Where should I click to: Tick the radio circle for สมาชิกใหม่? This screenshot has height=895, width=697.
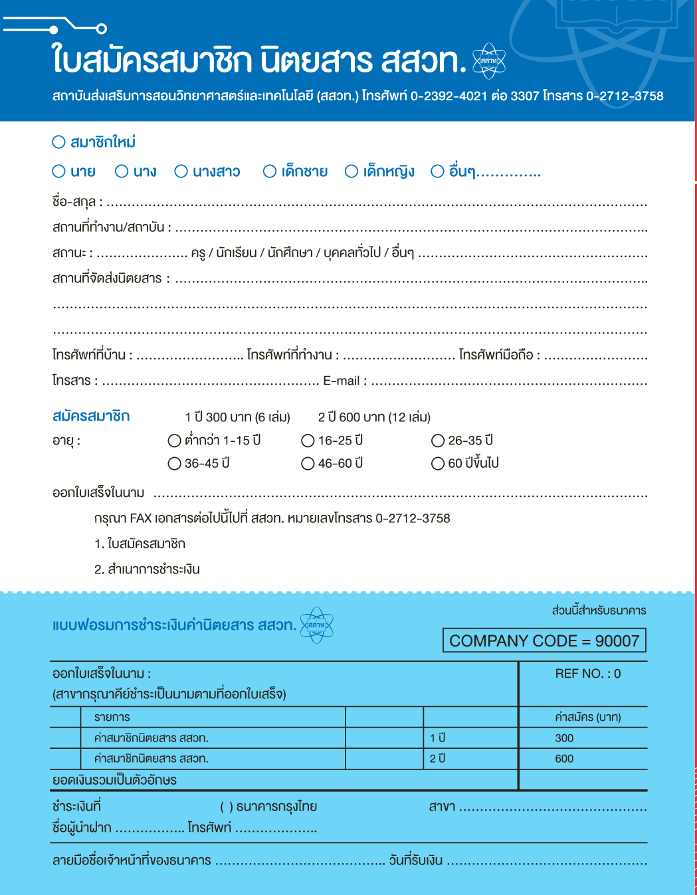58,142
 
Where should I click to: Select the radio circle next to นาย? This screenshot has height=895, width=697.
58,171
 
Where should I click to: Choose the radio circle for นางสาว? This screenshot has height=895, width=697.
181,171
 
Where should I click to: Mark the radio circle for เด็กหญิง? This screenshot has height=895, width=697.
351,171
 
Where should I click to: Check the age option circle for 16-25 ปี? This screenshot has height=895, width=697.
308,441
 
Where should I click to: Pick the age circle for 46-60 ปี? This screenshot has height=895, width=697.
308,463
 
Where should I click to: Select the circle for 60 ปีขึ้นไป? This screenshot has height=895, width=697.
438,463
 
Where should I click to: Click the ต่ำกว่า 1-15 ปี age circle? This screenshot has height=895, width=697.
175,441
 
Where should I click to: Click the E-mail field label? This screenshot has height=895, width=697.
341,381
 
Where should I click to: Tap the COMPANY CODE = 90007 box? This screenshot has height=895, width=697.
544,641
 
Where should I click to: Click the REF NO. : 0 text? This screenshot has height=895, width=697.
587,674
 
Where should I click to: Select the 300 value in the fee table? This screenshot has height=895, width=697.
564,738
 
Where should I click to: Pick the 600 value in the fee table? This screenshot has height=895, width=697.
564,759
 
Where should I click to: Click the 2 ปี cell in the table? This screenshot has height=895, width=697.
437,759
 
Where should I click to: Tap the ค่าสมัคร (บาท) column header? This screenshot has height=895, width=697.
587,717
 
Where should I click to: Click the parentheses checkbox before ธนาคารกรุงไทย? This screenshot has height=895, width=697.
227,807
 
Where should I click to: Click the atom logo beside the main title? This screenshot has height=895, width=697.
489,61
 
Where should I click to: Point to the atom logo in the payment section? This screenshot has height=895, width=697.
317,625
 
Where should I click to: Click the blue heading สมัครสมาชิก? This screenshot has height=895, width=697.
91,417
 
